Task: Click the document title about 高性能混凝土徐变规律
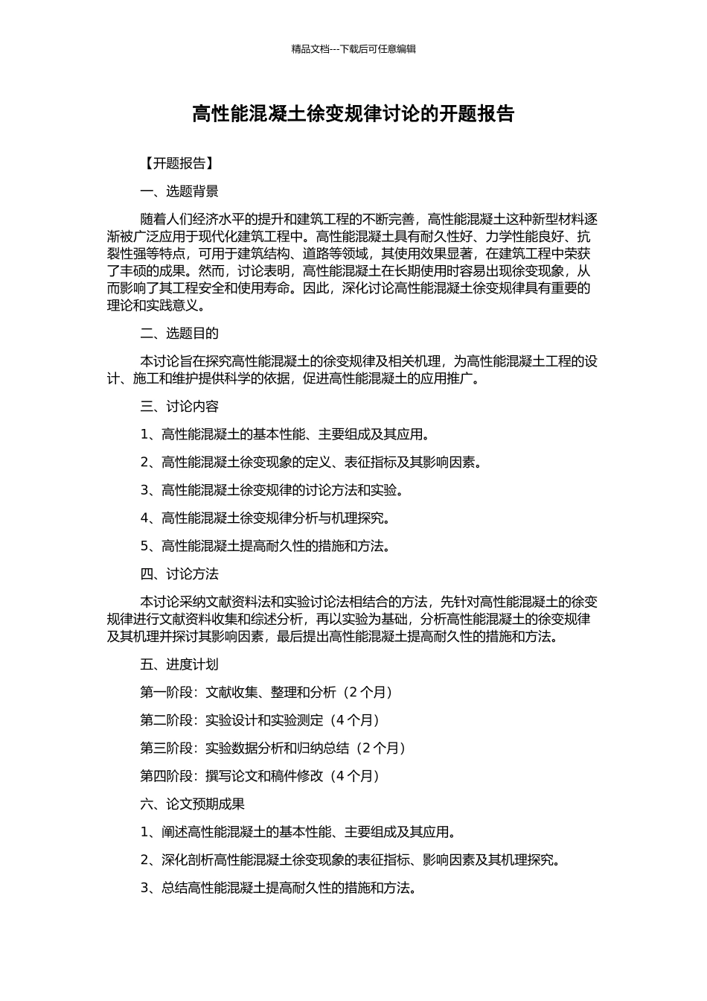click(x=353, y=114)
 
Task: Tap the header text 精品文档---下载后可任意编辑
click(x=353, y=49)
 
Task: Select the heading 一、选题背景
click(x=179, y=191)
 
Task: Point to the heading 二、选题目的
click(x=179, y=333)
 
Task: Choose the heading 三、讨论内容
click(x=179, y=406)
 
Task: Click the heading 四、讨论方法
click(x=179, y=573)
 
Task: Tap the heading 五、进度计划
click(x=179, y=664)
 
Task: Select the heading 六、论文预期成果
click(x=192, y=804)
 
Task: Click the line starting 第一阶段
click(x=266, y=692)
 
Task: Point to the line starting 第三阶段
click(x=272, y=748)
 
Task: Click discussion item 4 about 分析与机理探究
click(x=265, y=518)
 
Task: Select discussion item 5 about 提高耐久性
click(x=265, y=546)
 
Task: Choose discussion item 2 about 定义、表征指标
click(x=311, y=462)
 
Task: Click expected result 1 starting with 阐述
click(x=298, y=832)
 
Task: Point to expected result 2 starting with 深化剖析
click(x=350, y=860)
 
